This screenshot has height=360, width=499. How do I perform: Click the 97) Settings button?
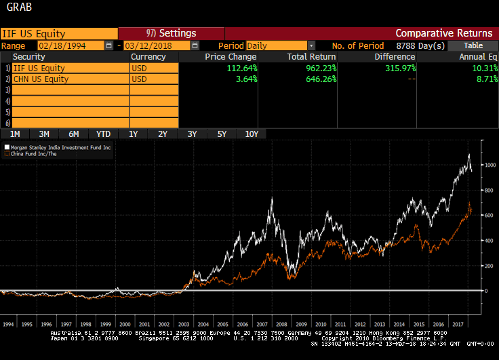pyautogui.click(x=171, y=33)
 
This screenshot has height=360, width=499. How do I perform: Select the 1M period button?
pyautogui.click(x=15, y=134)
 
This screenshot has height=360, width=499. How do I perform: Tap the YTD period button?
pyautogui.click(x=104, y=134)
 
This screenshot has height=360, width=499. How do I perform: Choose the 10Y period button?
pyautogui.click(x=252, y=134)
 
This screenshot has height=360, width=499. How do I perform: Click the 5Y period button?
pyautogui.click(x=222, y=134)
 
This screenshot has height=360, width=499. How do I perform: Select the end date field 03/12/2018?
pyautogui.click(x=156, y=45)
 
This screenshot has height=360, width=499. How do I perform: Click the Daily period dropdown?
pyautogui.click(x=276, y=45)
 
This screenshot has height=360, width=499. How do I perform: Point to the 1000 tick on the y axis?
pyautogui.click(x=490, y=165)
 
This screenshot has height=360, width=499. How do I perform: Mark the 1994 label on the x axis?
pyautogui.click(x=8, y=325)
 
